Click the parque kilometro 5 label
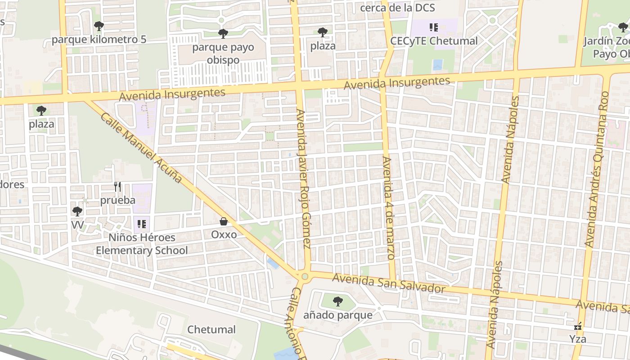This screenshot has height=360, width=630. coord(99,40)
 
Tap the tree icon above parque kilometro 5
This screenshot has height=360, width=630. coord(99,26)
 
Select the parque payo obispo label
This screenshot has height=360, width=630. coord(223,54)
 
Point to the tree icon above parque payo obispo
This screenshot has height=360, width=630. coord(223,33)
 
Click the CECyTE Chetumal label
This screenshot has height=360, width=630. coord(434,41)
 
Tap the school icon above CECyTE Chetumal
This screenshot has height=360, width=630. coord(434,27)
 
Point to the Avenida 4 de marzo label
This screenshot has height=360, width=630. coord(388,208)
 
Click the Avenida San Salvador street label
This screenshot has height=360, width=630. coord(389,283)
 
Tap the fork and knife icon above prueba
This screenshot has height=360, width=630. coord(117,186)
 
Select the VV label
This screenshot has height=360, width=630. coord(77,224)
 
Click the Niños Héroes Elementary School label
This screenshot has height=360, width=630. coord(142,244)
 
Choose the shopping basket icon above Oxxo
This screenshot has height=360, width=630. coord(224,221)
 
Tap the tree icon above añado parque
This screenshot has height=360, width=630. coord(338,301)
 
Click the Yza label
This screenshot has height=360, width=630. coord(578,339)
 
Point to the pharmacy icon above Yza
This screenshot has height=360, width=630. coord(578,326)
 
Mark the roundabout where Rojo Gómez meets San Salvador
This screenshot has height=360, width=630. coord(305,276)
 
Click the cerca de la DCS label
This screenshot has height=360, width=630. coord(397,8)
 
